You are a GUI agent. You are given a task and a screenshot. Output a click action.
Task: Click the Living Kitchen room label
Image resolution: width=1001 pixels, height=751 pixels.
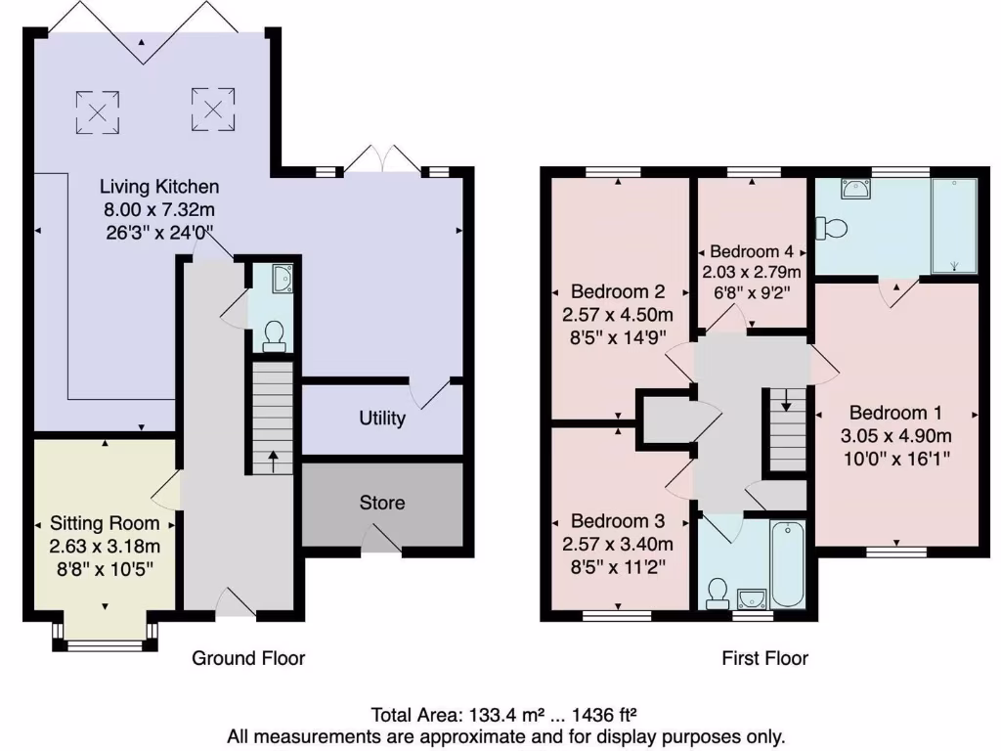tap(160, 186)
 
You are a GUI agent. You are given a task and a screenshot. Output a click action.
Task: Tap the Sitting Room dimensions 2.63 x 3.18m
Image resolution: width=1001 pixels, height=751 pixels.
tap(105, 546)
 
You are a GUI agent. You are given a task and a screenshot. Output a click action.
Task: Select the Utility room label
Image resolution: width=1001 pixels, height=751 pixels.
tap(382, 419)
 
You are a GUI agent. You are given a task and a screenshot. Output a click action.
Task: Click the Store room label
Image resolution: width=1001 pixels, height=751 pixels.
tap(382, 503)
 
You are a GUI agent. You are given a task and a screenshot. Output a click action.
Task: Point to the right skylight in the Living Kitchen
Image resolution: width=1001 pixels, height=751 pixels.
tap(214, 107)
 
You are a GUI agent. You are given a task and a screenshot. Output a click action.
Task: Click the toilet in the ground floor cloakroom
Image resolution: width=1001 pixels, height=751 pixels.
tap(275, 335)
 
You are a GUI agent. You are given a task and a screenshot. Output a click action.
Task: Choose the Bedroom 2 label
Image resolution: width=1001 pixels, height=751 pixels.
tap(618, 291)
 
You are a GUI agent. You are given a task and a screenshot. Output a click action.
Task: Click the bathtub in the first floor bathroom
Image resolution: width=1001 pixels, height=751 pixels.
tap(788, 564)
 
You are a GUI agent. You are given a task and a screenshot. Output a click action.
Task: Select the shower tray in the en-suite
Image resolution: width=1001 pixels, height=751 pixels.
tap(954, 225)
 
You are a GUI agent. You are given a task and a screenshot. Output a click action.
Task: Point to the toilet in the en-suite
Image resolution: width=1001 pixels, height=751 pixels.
tap(834, 228)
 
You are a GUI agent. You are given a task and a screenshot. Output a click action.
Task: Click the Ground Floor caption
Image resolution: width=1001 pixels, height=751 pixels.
tap(248, 658)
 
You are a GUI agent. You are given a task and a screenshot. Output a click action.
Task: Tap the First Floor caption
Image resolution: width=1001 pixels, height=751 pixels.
tap(764, 658)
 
